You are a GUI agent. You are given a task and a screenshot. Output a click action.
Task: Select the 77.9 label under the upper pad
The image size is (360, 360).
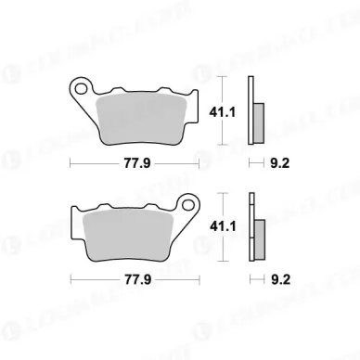(135, 164)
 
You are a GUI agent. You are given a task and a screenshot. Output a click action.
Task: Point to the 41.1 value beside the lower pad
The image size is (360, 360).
(240, 225)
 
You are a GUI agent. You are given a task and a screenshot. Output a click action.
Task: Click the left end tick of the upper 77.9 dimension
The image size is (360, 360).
(71, 164)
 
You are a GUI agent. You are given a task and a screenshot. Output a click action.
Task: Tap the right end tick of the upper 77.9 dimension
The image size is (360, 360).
(200, 164)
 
